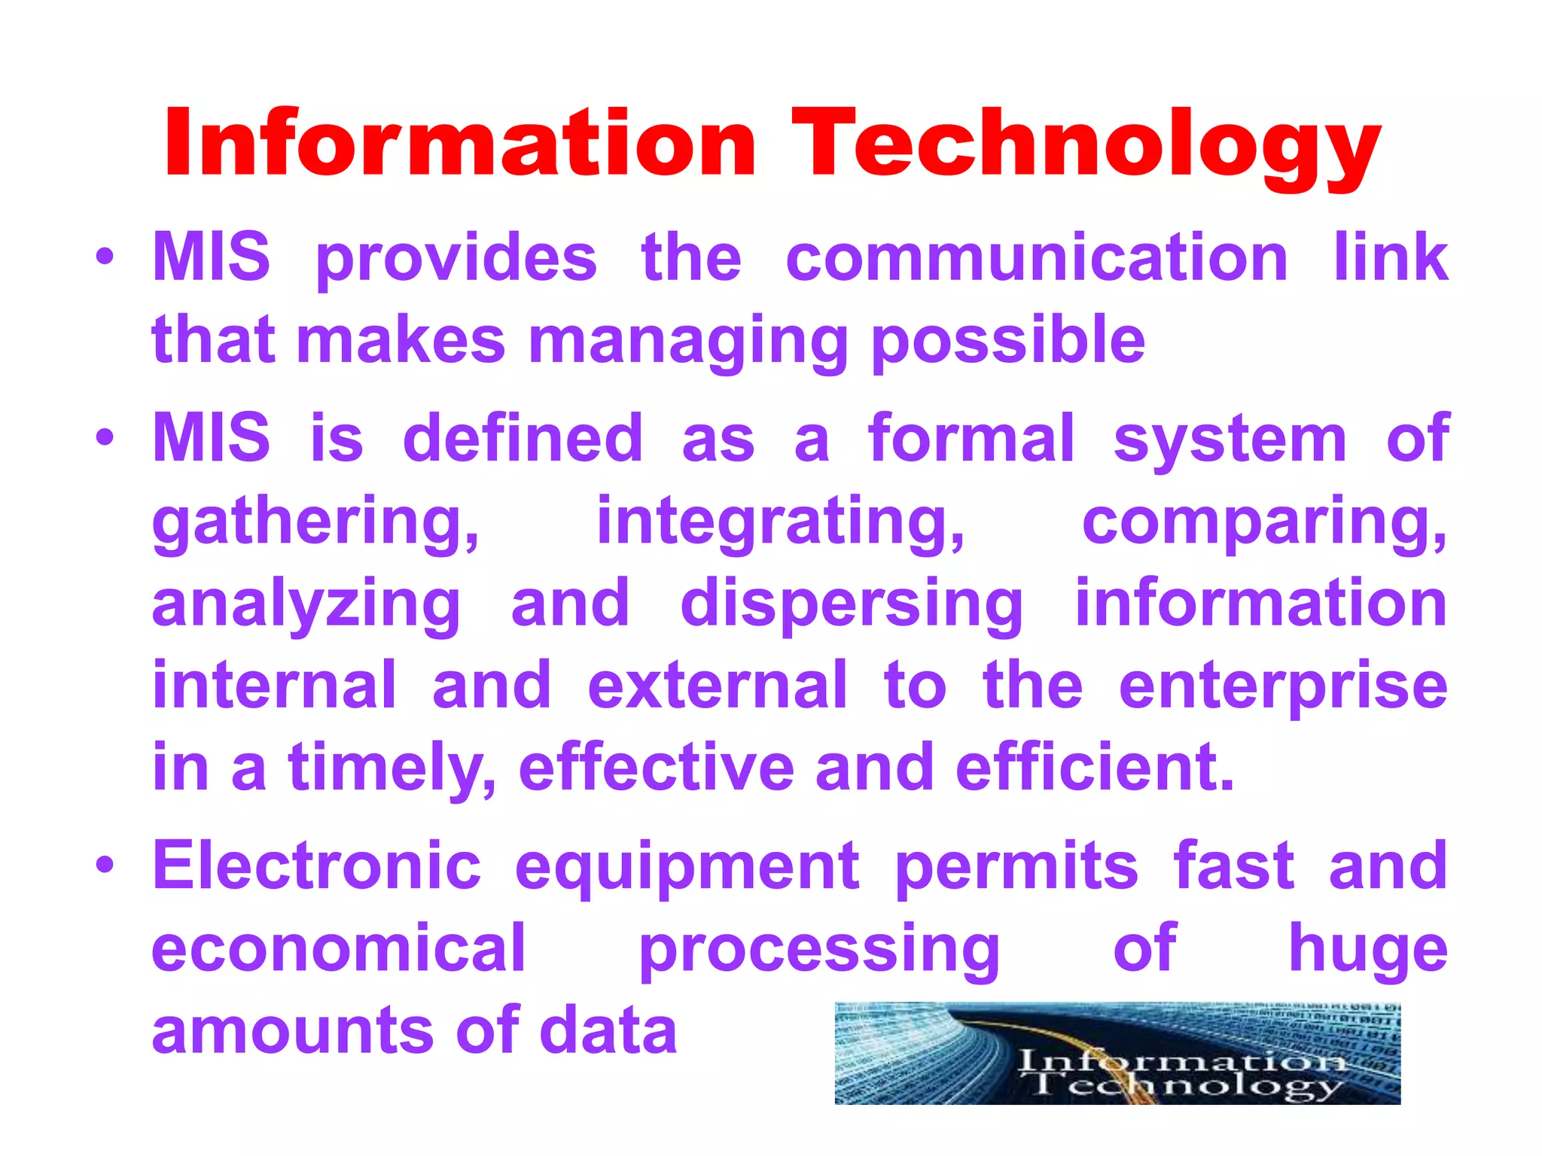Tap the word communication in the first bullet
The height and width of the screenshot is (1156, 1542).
pos(1037,258)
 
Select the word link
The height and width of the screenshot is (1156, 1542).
pos(1391,258)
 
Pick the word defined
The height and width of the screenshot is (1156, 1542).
pos(523,439)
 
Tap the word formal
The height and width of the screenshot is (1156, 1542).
pos(971,439)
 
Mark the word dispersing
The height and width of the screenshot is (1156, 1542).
pos(852,605)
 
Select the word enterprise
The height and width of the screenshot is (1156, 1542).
pos(1283,687)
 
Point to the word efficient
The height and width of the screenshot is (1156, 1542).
pos(1095,768)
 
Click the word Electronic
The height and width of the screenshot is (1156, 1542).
pos(317,866)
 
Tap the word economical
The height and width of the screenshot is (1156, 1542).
pos(339,949)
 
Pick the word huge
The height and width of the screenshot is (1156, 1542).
pos(1368,949)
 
